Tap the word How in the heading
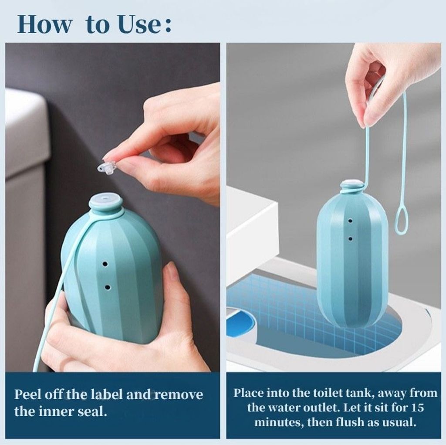point(45,24)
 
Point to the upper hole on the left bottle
point(105,264)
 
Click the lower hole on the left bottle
point(108,287)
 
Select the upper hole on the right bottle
point(351,221)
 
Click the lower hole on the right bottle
point(351,238)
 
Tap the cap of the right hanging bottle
point(352,186)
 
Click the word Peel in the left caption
point(27,394)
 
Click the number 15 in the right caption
point(417,408)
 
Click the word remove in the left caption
point(179,395)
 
